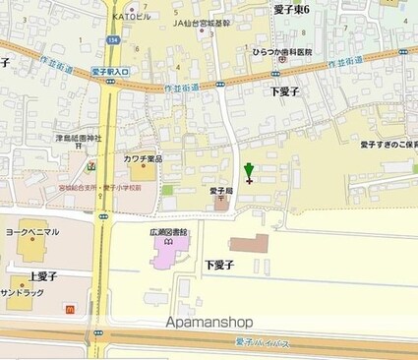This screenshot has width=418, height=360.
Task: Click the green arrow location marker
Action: tap(249, 170)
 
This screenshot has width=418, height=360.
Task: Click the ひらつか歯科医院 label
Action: tap(282, 51)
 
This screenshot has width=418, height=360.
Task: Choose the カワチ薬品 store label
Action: tap(144, 158)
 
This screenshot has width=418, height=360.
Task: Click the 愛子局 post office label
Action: tap(221, 191)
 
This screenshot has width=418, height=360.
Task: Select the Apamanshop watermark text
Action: tap(209, 323)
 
